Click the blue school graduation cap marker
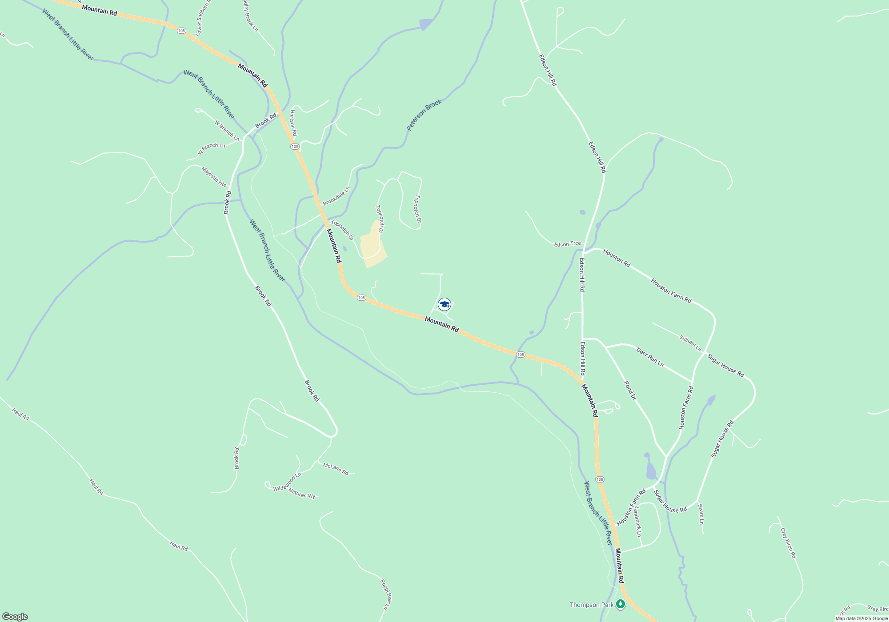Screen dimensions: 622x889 (444, 304)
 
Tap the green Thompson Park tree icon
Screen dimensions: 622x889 (621, 604)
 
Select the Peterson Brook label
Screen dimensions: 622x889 (424, 115)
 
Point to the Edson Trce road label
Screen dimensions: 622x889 (567, 244)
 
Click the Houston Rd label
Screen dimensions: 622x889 (617, 258)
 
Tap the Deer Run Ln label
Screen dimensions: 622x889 (650, 357)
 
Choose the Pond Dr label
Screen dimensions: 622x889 (630, 391)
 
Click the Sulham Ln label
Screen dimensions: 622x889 (690, 343)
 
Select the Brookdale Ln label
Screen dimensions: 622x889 (336, 196)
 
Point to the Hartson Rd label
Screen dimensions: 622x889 (293, 123)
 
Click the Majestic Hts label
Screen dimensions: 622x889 (214, 177)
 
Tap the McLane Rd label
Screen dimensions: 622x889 (336, 469)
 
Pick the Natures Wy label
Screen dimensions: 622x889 (302, 493)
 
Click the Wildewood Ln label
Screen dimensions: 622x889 (287, 482)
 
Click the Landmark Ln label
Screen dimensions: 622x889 (638, 522)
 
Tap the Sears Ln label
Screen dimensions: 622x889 (701, 514)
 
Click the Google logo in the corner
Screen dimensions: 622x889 (15, 616)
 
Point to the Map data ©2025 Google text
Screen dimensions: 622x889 (861, 618)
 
